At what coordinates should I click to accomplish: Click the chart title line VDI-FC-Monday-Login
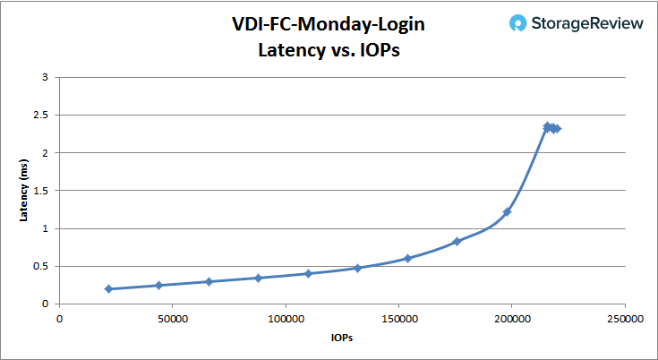[329, 24]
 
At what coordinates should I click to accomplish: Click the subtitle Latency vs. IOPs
[329, 50]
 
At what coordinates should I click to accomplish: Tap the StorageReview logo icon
[517, 24]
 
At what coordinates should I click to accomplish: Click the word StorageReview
[586, 24]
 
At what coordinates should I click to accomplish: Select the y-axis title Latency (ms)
[24, 190]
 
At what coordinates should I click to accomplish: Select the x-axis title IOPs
[342, 339]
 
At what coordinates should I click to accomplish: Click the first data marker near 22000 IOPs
[108, 288]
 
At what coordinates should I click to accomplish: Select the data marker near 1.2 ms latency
[507, 212]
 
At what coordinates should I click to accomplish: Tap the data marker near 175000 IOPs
[457, 241]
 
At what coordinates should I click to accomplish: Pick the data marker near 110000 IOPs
[308, 273]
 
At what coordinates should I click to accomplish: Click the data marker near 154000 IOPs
[407, 258]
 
